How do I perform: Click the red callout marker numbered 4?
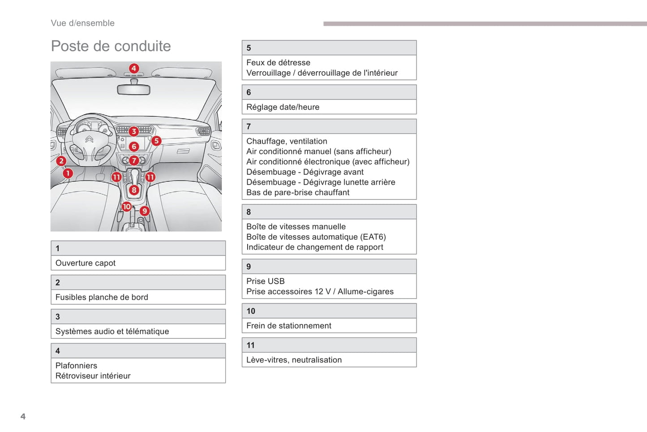(134, 69)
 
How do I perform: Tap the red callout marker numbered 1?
(68, 173)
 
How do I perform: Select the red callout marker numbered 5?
(156, 141)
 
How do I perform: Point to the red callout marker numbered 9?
(144, 211)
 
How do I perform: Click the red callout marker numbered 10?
(127, 207)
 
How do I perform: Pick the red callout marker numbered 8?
(134, 190)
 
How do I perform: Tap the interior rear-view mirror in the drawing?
(133, 90)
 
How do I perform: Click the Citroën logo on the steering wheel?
(89, 139)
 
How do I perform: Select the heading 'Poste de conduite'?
(111, 46)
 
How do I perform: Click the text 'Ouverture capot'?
(86, 263)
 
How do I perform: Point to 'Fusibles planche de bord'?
(102, 297)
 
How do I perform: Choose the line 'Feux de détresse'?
(278, 63)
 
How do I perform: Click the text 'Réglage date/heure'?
(283, 107)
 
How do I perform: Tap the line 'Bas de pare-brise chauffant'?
(298, 193)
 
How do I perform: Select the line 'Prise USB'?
(265, 281)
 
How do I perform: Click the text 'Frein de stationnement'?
(289, 326)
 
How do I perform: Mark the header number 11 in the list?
(250, 345)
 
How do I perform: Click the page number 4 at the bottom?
(23, 416)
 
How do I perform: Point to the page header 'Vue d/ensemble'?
(83, 23)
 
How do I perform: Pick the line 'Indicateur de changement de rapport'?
(315, 247)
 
